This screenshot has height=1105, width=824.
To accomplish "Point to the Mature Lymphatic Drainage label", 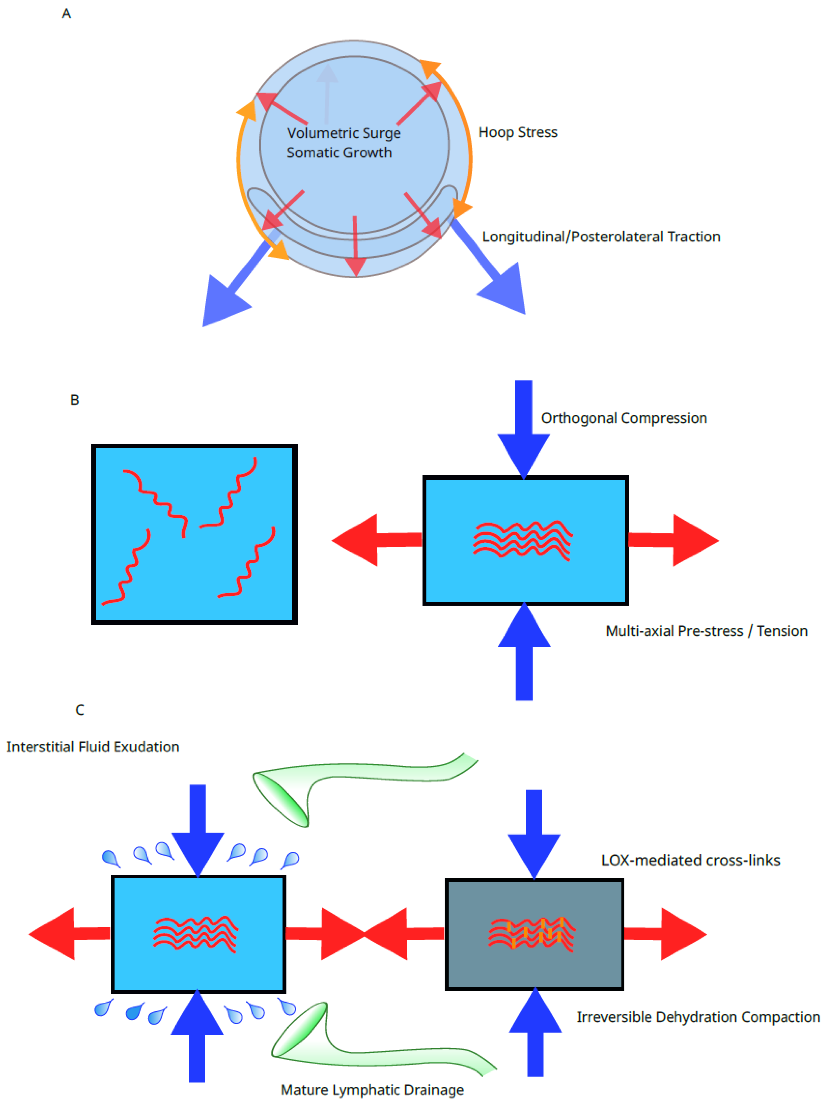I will point(372,1090).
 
